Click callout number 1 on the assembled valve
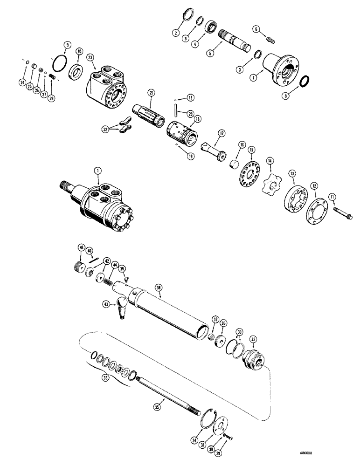tap(97, 171)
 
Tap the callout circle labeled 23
tap(90, 58)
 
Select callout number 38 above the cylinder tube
tap(159, 288)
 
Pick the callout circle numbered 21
tap(151, 93)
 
